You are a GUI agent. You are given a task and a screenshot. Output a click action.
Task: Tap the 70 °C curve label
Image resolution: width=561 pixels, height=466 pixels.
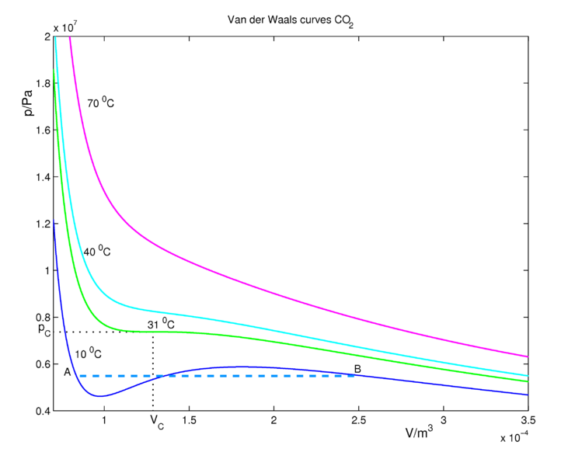pos(101,102)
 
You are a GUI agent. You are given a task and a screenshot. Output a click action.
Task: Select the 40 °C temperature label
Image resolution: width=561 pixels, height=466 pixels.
pos(97,251)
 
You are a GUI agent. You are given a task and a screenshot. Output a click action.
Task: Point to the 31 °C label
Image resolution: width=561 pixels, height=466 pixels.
pos(161,324)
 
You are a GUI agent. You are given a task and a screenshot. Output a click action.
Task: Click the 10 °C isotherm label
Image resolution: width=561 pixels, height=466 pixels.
pos(88,353)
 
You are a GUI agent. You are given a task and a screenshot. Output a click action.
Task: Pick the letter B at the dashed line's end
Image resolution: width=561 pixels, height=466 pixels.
pos(357,369)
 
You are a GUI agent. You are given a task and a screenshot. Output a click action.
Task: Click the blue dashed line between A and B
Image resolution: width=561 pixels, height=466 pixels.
pos(233,376)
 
